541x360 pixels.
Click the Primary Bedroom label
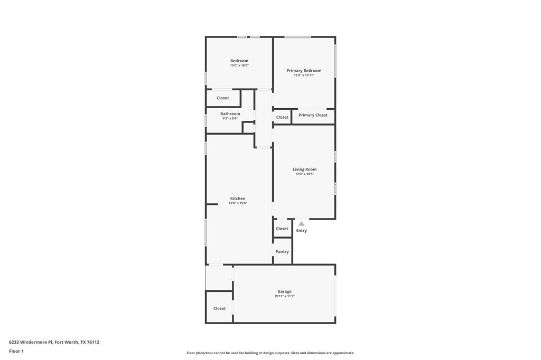(304, 70)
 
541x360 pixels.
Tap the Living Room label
(304, 169)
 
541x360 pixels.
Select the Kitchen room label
(238, 198)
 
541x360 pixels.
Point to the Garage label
(284, 291)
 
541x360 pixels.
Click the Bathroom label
(230, 113)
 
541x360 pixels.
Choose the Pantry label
(282, 251)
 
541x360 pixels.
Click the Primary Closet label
(313, 115)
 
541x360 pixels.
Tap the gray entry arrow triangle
(301, 223)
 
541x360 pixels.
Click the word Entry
(301, 231)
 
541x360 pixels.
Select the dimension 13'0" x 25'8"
(238, 203)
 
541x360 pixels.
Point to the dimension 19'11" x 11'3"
(284, 296)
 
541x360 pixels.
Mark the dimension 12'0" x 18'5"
(304, 174)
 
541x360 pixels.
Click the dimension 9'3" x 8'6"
(230, 118)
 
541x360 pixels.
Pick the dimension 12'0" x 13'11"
(304, 75)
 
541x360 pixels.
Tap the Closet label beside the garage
(219, 308)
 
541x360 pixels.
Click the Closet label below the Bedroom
(223, 98)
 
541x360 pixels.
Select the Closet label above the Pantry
(282, 229)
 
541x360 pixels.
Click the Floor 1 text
(16, 351)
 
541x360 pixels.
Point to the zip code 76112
(92, 342)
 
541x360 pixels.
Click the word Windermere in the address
(35, 342)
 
